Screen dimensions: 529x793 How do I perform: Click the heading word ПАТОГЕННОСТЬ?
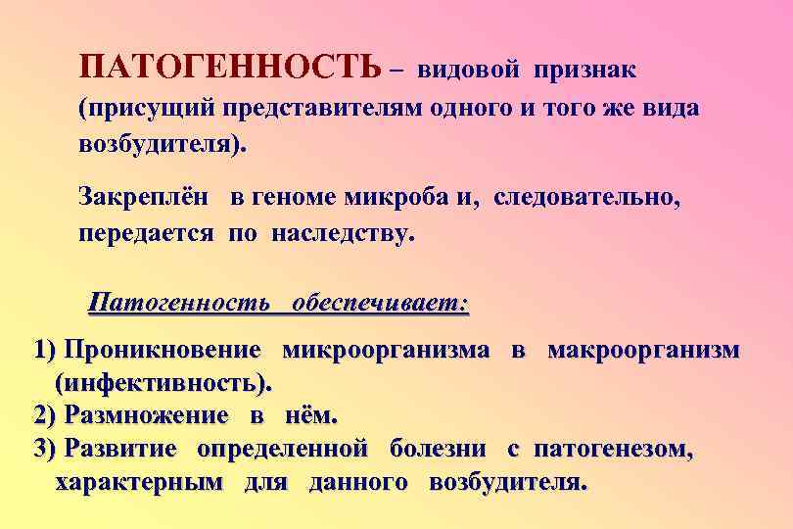pos(231,69)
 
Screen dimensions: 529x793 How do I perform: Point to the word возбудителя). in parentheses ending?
pos(163,144)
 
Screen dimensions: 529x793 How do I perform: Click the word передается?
pos(150,235)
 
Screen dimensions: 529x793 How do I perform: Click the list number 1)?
pos(46,350)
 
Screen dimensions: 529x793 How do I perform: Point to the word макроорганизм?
pos(643,350)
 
